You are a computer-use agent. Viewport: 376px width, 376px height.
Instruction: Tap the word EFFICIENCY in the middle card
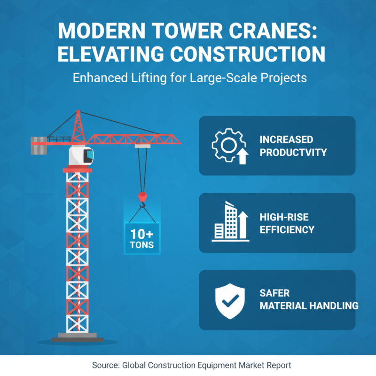[287, 230]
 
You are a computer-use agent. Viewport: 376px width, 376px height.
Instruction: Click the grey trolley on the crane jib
[142, 146]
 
